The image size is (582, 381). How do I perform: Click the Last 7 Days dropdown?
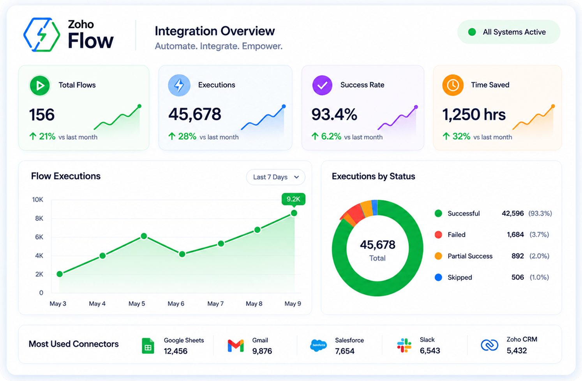pyautogui.click(x=276, y=177)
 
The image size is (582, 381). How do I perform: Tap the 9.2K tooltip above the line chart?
pyautogui.click(x=293, y=199)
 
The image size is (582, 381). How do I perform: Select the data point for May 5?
pyautogui.click(x=144, y=236)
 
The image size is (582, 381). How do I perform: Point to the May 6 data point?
pyautogui.click(x=182, y=254)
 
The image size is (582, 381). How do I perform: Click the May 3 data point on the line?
pyautogui.click(x=60, y=274)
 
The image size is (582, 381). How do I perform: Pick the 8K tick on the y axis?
pyautogui.click(x=39, y=218)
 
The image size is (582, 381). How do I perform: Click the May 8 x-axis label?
pyautogui.click(x=254, y=304)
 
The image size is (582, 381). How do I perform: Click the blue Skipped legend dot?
pyautogui.click(x=438, y=277)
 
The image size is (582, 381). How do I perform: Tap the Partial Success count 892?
pyautogui.click(x=518, y=256)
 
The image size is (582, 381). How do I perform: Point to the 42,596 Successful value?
pyautogui.click(x=513, y=213)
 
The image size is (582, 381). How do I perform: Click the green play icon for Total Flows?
pyautogui.click(x=40, y=85)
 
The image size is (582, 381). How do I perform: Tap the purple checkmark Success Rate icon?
pyautogui.click(x=322, y=85)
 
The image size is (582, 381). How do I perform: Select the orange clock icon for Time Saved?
pyautogui.click(x=453, y=85)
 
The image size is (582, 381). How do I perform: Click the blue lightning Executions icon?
pyautogui.click(x=179, y=85)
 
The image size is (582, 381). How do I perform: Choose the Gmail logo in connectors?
pyautogui.click(x=236, y=346)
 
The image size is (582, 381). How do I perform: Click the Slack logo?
pyautogui.click(x=404, y=345)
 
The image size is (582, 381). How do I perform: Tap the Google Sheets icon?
pyautogui.click(x=148, y=346)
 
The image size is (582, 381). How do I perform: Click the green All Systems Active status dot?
pyautogui.click(x=472, y=32)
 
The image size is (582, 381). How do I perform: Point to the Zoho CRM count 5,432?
pyautogui.click(x=517, y=351)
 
